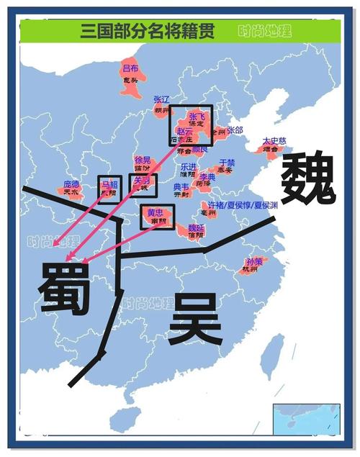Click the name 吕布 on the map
pos(130,68)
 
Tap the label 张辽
pos(161,99)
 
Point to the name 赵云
pos(184,133)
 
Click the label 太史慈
pos(273,140)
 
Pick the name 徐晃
pos(143,160)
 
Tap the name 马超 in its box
pos(108,184)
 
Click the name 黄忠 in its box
pos(156,213)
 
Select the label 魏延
pos(195,227)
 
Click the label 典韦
pos(181,187)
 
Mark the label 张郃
pos(235,130)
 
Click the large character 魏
pos(308,180)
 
